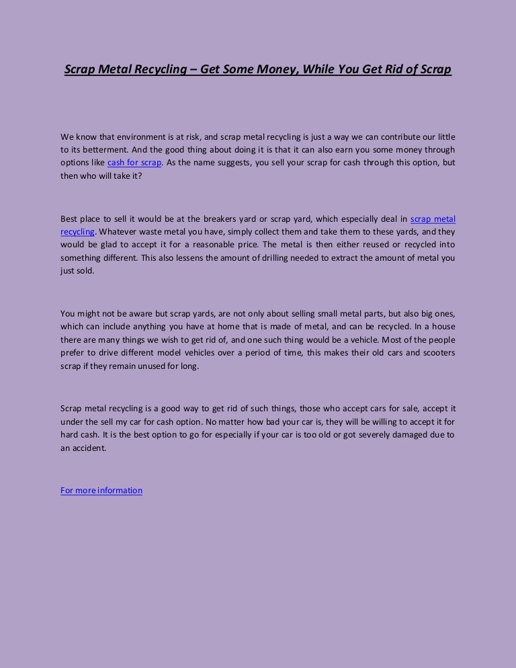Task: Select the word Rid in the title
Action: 393,69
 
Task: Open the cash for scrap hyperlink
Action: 134,162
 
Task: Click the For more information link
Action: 101,491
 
